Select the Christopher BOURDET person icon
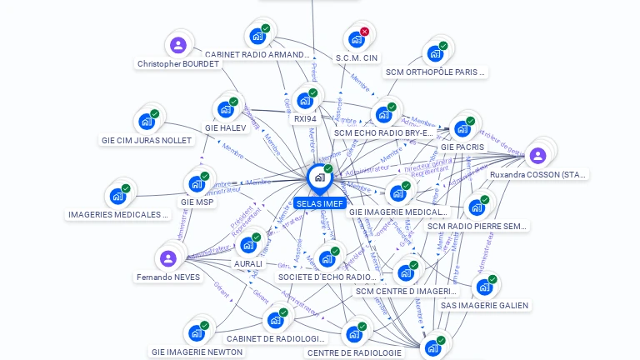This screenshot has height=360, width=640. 177,45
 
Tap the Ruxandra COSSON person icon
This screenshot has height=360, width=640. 537,156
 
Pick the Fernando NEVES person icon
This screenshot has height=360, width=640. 167,258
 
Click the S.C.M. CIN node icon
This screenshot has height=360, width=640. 357,39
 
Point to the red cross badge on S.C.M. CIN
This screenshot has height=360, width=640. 364,32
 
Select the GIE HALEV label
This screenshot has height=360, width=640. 225,128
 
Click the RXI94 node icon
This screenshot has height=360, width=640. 305,100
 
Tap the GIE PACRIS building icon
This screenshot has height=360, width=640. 462,129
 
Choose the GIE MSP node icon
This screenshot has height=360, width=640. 197,183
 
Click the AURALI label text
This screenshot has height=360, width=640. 248,263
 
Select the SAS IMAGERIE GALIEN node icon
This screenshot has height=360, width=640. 484,287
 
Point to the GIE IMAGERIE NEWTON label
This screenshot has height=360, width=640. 197,352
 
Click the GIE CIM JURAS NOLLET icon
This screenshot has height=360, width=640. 147,122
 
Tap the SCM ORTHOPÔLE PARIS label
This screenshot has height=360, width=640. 435,72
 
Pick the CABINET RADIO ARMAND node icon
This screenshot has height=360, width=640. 257,37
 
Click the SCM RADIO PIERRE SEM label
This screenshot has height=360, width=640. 477,226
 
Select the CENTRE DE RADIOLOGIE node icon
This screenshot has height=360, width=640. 354,334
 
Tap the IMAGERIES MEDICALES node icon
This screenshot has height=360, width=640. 117,197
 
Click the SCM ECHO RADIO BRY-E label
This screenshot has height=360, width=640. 383,132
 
